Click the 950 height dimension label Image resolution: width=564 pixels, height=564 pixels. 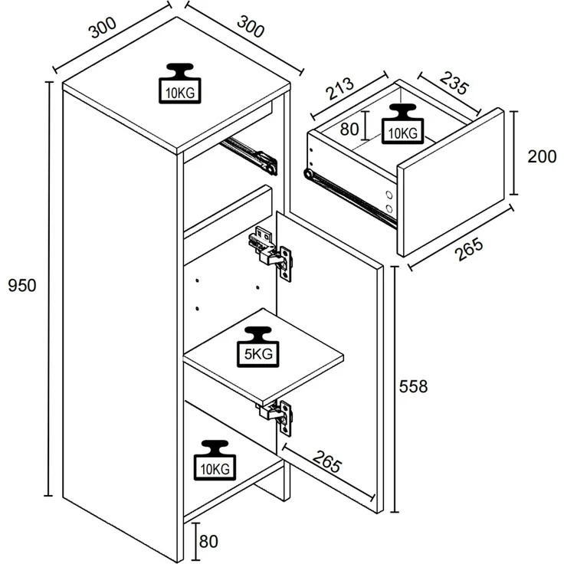22,286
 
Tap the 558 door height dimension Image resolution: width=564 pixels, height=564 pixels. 413,387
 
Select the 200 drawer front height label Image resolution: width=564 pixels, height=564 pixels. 542,156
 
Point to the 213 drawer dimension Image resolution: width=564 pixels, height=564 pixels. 340,89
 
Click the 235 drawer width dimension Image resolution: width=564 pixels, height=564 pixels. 454,83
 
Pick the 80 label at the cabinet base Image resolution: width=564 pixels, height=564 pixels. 208,541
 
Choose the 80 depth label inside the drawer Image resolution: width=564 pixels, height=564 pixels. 349,129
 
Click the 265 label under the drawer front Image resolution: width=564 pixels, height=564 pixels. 469,249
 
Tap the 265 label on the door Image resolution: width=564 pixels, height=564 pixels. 326,461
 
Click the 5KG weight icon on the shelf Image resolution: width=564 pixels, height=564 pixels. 258,346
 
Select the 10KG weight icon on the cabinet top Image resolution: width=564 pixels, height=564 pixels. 180,84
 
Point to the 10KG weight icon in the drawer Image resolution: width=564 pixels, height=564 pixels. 403,124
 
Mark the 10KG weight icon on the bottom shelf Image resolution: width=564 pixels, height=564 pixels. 215,460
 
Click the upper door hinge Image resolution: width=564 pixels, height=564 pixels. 271,251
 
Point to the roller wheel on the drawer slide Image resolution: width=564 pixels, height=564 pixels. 308,174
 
